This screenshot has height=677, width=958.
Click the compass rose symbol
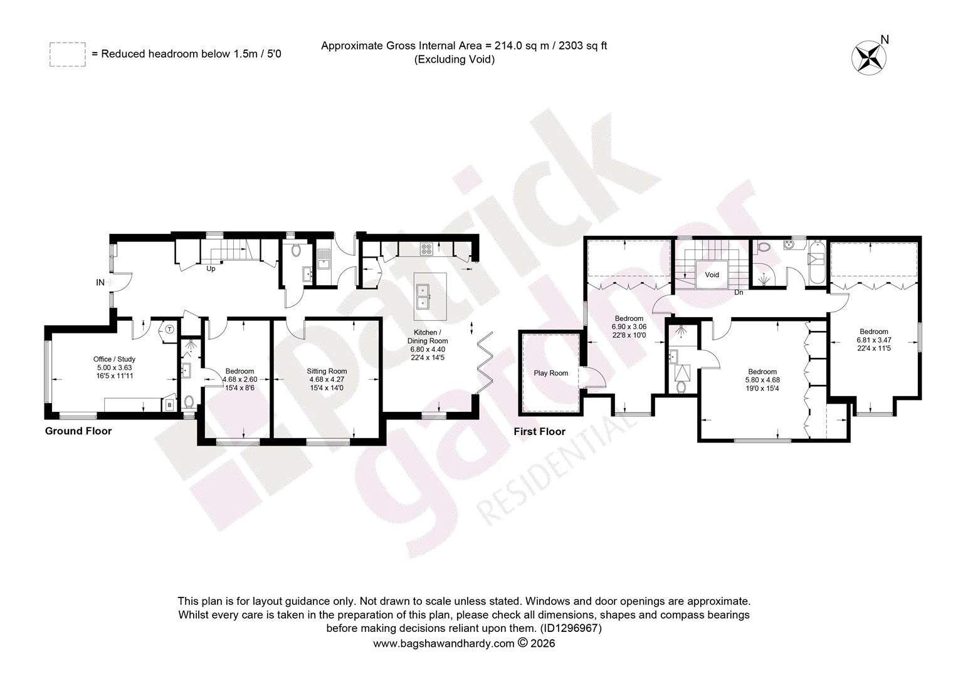(868, 58)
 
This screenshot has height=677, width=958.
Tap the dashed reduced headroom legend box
(68, 55)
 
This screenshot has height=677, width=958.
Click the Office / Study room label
(114, 359)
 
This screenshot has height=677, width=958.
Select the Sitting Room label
(327, 371)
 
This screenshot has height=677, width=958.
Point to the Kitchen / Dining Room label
(427, 337)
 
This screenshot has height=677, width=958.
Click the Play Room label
(551, 373)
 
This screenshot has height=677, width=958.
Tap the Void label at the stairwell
(712, 275)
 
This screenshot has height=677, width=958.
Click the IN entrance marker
(100, 282)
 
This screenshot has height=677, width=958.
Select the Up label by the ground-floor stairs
(211, 269)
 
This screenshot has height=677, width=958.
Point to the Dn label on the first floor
(739, 293)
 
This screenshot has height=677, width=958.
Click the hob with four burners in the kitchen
(426, 249)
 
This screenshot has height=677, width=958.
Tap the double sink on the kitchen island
(423, 297)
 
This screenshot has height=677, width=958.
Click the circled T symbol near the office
(170, 329)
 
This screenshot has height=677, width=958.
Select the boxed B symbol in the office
(170, 404)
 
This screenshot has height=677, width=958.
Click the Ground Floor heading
(78, 431)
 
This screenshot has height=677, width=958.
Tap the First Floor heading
(539, 431)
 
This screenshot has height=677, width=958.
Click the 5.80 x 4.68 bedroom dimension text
(762, 380)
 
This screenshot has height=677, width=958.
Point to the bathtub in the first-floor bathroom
(816, 262)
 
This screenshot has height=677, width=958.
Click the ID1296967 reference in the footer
(571, 628)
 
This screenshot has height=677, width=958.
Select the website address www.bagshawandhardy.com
(443, 643)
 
